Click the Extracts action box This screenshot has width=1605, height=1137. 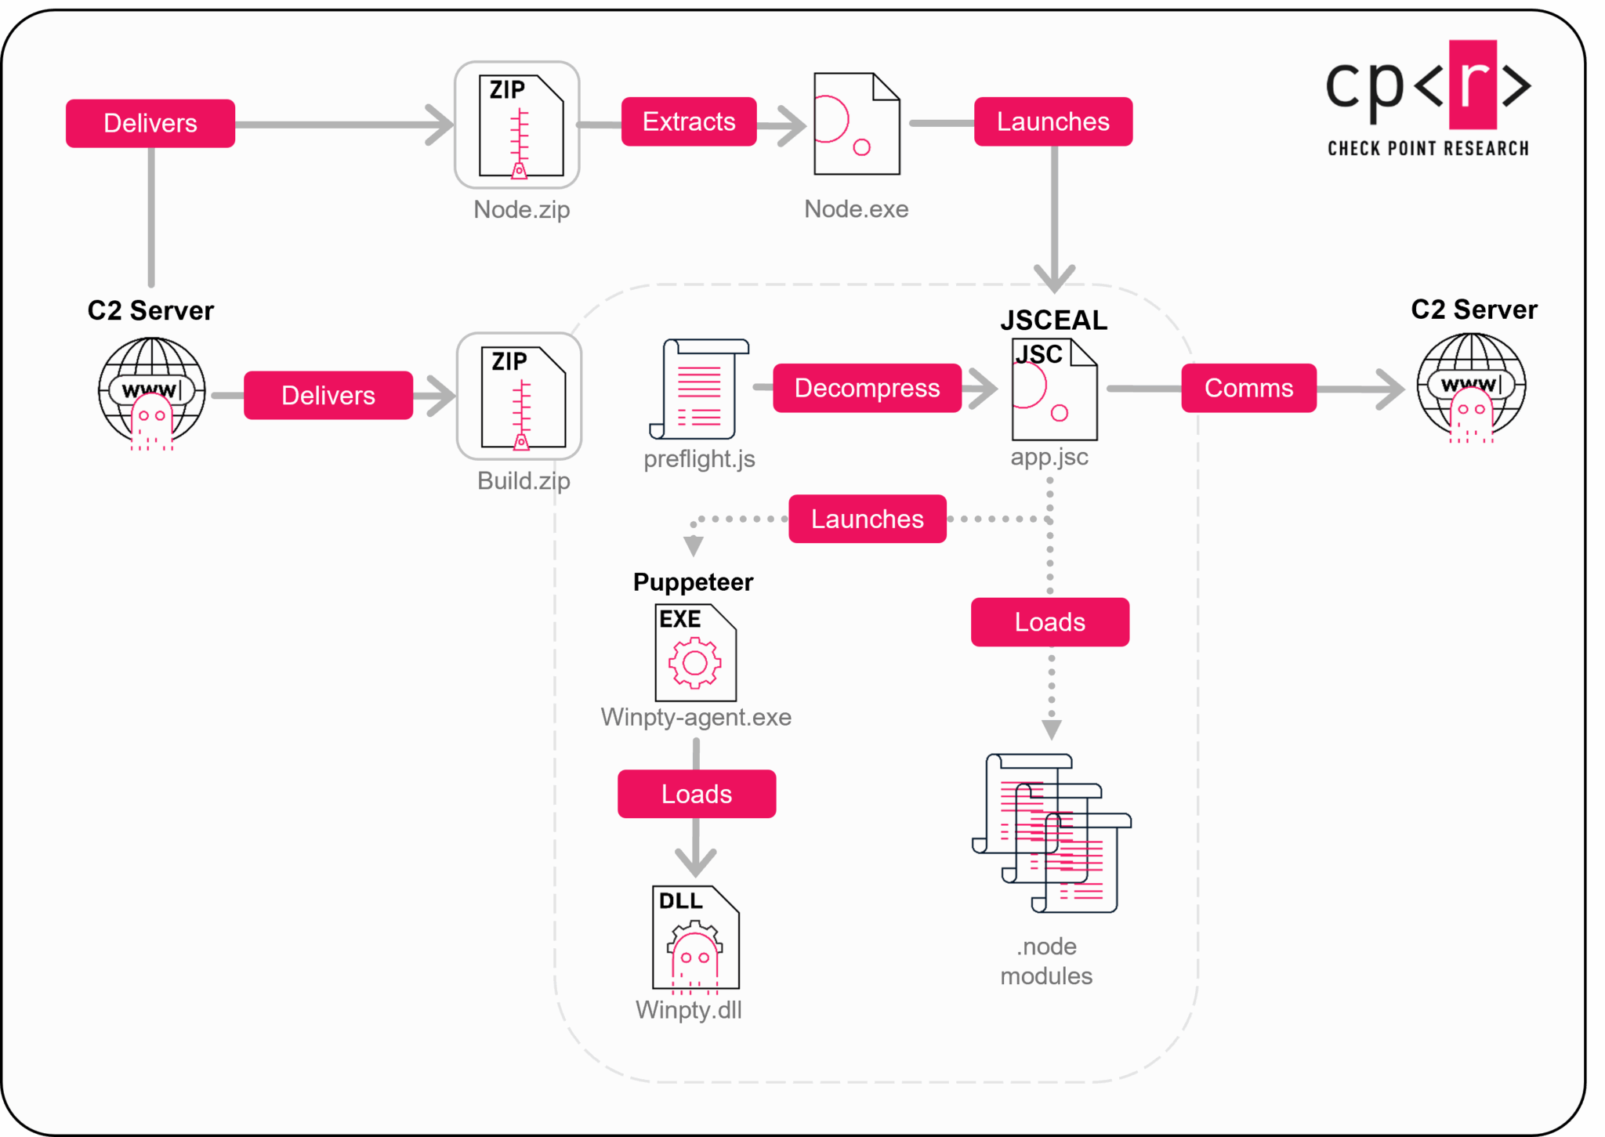689,121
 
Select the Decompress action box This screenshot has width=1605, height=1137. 867,388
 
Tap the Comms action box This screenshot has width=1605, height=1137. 1248,388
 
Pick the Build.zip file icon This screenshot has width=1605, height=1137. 520,397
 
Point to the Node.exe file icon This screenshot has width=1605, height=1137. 857,124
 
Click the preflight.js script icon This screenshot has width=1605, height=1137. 699,389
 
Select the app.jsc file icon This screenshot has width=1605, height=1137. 1054,389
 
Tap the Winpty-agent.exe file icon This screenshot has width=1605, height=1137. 696,653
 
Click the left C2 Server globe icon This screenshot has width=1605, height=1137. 151,390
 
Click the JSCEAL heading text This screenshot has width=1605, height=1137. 1053,320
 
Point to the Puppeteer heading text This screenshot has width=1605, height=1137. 693,582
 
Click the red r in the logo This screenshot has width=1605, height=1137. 1473,85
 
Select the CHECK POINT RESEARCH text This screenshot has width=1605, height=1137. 1428,148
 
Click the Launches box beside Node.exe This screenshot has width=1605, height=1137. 1052,121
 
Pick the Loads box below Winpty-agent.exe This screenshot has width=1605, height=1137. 697,794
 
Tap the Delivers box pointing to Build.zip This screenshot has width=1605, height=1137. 328,396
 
